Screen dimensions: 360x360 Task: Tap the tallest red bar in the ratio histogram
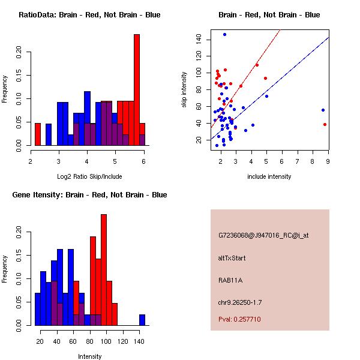[137, 90]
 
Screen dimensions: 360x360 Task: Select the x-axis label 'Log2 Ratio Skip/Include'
[89, 176]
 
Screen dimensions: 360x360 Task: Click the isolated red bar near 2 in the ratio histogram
[38, 134]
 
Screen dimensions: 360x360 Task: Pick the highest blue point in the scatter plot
[224, 34]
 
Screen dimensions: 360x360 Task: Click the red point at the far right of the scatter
[325, 124]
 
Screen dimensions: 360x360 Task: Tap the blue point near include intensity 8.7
[323, 110]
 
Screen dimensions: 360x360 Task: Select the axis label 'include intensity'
[269, 176]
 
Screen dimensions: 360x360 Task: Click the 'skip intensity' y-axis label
[184, 90]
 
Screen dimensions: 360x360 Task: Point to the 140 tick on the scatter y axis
[199, 40]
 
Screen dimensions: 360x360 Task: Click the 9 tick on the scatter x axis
[328, 161]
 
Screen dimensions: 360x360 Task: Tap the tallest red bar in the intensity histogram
[104, 270]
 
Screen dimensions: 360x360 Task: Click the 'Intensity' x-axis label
[89, 356]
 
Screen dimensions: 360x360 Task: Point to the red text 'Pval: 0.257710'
[239, 319]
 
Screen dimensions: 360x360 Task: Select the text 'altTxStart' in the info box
[232, 258]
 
